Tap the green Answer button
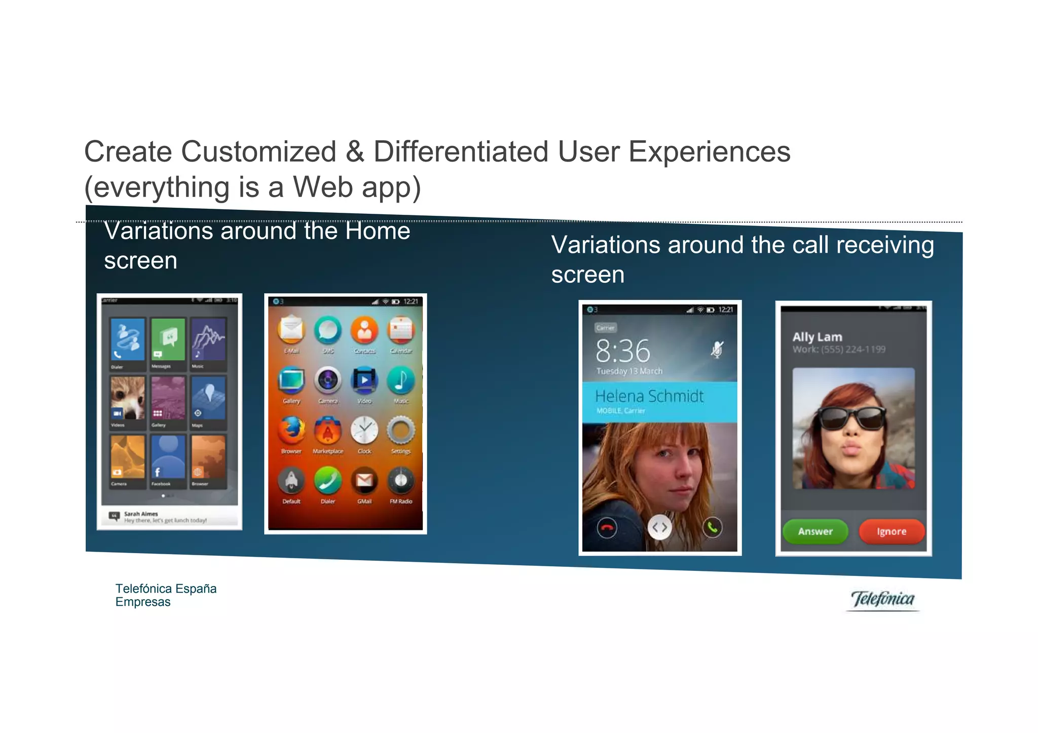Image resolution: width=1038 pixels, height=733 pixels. (814, 531)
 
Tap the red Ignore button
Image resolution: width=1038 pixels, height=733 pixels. (891, 531)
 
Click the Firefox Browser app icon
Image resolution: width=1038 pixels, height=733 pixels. (291, 430)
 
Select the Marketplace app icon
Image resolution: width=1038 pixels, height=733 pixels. (328, 430)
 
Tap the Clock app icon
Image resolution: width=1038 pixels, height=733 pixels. (364, 430)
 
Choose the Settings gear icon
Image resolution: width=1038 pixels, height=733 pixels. (401, 430)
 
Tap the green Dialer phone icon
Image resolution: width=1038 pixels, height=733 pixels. (328, 480)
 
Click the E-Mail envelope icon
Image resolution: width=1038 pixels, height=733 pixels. (291, 330)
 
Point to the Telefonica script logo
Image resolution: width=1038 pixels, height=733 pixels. (882, 599)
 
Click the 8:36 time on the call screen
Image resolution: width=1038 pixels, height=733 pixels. (622, 351)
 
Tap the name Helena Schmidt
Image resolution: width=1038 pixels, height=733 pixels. (649, 396)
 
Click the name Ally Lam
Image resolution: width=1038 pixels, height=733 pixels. (817, 337)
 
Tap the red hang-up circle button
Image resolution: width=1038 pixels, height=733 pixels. (607, 528)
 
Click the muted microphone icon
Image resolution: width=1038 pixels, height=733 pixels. (717, 350)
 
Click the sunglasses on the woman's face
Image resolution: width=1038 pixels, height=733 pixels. (852, 418)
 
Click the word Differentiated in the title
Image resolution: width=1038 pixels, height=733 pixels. (461, 151)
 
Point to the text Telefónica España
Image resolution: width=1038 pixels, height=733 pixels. (166, 589)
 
